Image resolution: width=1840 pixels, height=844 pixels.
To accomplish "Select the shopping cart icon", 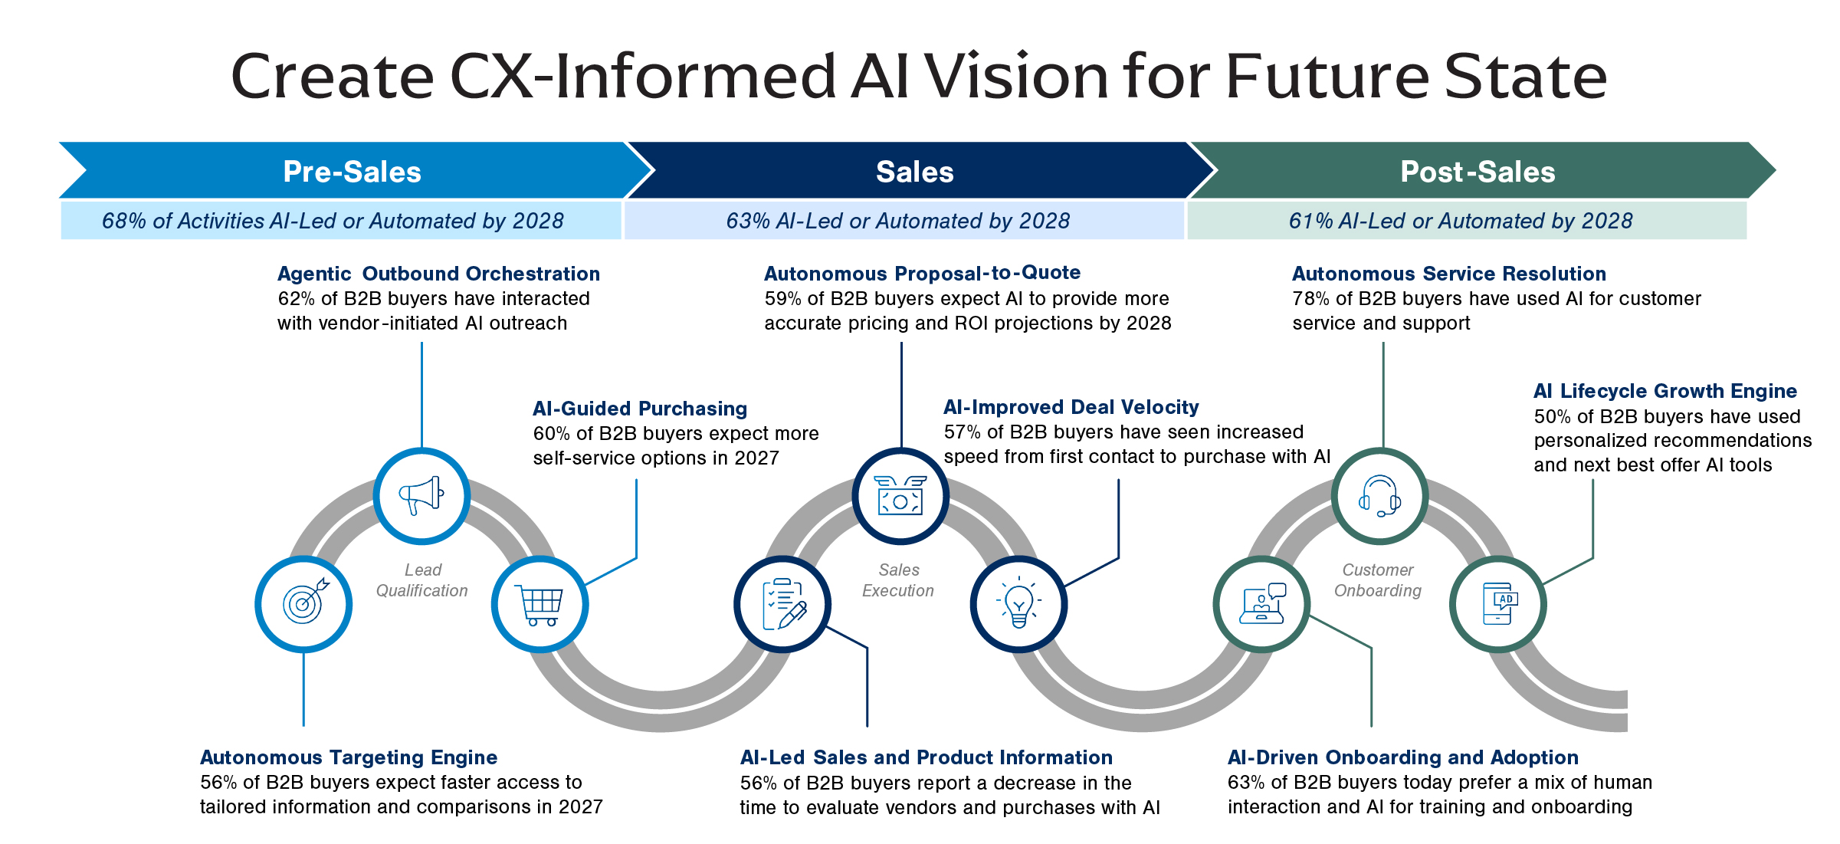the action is click(540, 605).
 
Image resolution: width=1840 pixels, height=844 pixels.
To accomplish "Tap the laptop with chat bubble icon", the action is click(1262, 603).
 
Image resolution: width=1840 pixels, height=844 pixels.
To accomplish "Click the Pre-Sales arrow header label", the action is click(352, 172).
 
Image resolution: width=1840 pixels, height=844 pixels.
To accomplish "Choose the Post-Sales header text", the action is click(1478, 172).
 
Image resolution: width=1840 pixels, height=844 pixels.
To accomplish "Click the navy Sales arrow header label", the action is click(914, 172).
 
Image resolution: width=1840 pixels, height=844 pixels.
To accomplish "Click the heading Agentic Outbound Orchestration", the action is click(438, 274).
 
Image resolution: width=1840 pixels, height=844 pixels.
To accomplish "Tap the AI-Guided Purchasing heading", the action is click(640, 409).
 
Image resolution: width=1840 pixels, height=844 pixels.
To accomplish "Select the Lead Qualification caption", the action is click(421, 580).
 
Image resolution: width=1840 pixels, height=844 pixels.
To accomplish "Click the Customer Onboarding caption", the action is click(1378, 580).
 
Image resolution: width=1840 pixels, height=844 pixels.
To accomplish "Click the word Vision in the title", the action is click(1017, 77).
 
